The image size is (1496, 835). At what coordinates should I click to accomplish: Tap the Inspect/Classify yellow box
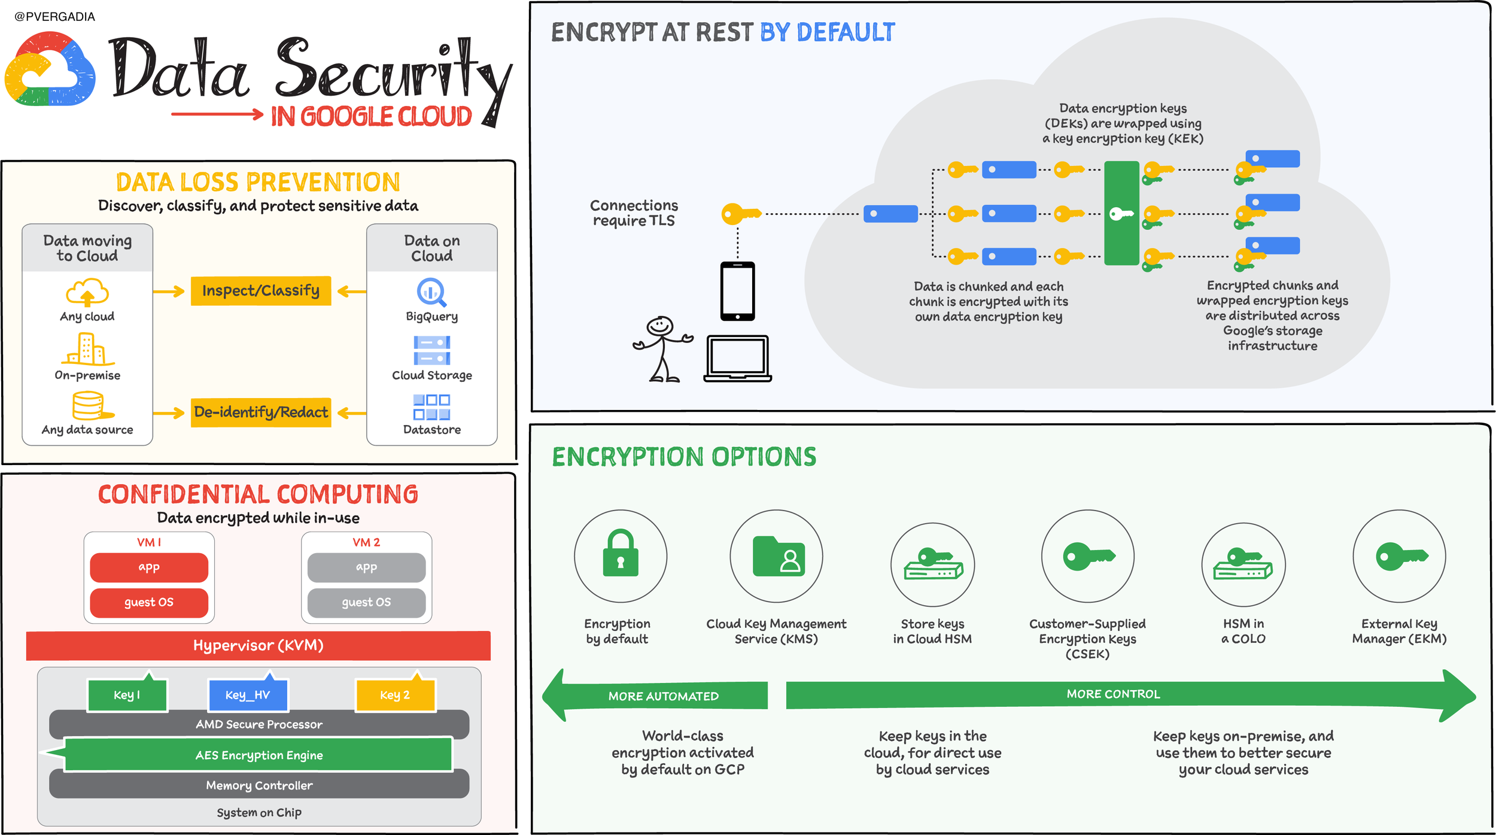coord(261,291)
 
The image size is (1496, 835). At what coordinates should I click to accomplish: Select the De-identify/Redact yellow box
coord(261,412)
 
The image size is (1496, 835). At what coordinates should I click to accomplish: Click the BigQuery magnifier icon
coord(431,293)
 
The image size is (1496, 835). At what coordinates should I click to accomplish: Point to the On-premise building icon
coord(87,348)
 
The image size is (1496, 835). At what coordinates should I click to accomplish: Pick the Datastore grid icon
coord(431,407)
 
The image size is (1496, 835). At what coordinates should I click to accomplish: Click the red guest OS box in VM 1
coord(149,603)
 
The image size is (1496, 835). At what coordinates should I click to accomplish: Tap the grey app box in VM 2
coord(366,567)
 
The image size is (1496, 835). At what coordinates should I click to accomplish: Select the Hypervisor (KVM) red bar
coord(259,646)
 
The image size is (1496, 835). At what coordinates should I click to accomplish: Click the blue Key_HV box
coord(248,694)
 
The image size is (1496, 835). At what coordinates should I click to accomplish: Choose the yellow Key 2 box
coord(396,694)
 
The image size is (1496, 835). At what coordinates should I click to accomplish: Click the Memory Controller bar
coord(259,785)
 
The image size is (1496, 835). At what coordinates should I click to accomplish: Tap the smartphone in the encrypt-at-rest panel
coord(738,292)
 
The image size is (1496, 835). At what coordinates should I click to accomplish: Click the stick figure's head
coord(660,326)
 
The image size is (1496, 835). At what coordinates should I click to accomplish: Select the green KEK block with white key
coord(1121,213)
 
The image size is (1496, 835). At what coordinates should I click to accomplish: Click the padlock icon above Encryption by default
coord(621,553)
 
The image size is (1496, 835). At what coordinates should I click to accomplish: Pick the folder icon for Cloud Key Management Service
coord(779,556)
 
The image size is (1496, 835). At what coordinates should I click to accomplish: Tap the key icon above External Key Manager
coord(1402,557)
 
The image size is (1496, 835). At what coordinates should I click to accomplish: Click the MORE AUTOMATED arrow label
coord(663,696)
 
